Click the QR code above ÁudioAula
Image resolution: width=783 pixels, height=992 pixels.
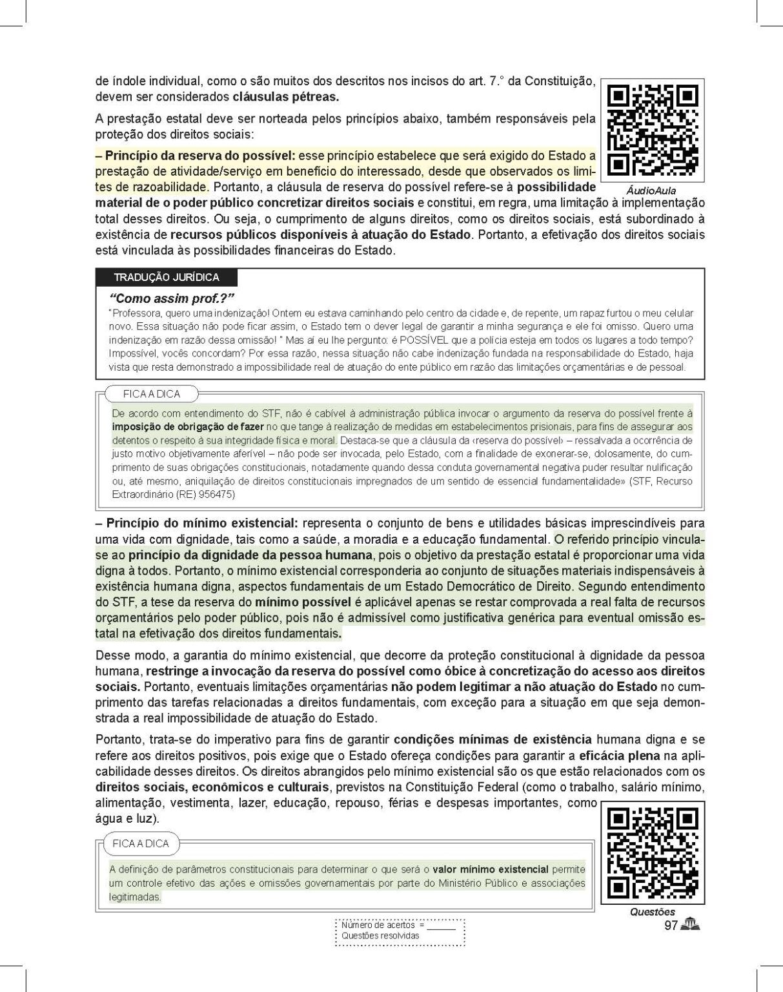(652, 130)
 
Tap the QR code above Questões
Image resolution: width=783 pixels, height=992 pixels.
(652, 852)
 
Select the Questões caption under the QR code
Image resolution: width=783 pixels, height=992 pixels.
(653, 912)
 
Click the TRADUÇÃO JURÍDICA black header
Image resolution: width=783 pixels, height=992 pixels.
(167, 278)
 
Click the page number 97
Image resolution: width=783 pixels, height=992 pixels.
(670, 926)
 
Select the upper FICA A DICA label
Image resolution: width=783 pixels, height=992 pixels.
(152, 394)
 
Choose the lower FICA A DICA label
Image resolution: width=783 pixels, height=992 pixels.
(140, 843)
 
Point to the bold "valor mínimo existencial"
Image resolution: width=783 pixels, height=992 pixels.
(490, 869)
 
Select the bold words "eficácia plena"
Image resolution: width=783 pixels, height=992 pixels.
(619, 756)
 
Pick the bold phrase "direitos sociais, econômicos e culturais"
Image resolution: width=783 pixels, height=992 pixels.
(212, 787)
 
